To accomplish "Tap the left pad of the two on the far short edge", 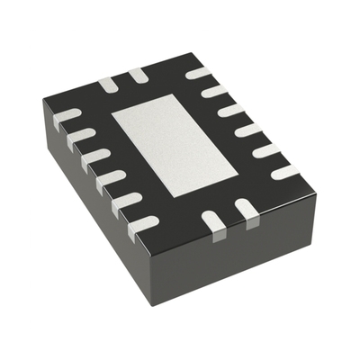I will pos(108,84).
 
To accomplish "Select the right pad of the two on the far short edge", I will pos(137,76).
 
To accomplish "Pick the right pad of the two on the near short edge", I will pos(246,212).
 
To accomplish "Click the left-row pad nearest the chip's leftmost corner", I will pos(67,116).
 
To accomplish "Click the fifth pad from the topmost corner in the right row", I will pos(266,149).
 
